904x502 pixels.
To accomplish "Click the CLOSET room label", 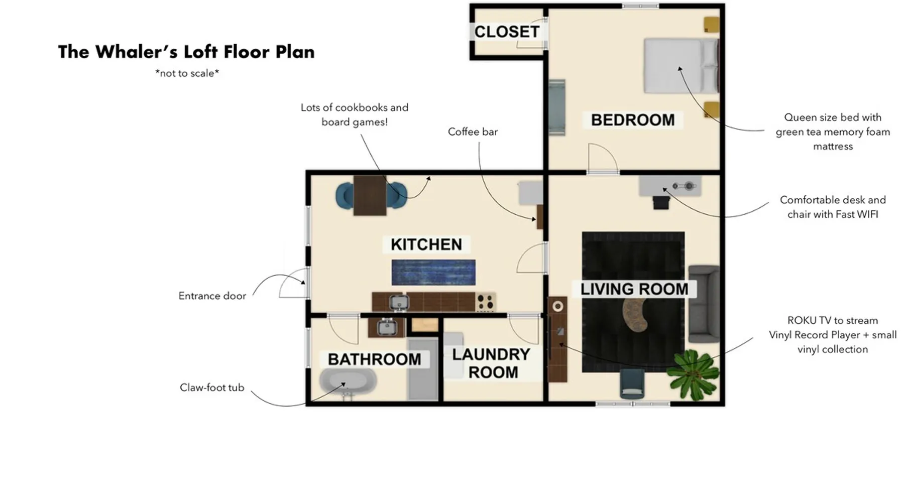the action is pyautogui.click(x=507, y=32).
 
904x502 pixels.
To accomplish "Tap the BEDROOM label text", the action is pyautogui.click(x=633, y=120).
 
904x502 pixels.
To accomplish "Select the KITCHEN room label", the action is pyautogui.click(x=426, y=244).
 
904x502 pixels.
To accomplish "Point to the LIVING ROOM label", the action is pyautogui.click(x=634, y=289).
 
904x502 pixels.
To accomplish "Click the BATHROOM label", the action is pyautogui.click(x=375, y=359).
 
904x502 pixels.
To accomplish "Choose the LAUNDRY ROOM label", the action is pyautogui.click(x=491, y=363).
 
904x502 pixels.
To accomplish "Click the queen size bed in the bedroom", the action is pyautogui.click(x=682, y=66).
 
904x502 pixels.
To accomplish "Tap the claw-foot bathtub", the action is pyautogui.click(x=348, y=384).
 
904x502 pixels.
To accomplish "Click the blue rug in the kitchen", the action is pyautogui.click(x=433, y=272).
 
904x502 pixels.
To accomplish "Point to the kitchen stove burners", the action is pyautogui.click(x=485, y=302).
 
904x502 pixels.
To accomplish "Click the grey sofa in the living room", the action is pyautogui.click(x=704, y=304).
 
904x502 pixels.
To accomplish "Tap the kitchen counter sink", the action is pyautogui.click(x=399, y=302).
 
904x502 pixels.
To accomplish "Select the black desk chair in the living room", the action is pyautogui.click(x=661, y=202).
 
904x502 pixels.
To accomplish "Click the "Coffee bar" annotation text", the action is pyautogui.click(x=473, y=132).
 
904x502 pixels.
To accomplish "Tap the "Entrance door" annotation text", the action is pyautogui.click(x=212, y=296).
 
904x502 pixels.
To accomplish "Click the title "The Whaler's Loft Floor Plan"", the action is pyautogui.click(x=186, y=52).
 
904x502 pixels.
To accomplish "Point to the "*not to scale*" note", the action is pyautogui.click(x=187, y=73).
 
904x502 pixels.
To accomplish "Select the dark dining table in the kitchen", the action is pyautogui.click(x=370, y=195).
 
